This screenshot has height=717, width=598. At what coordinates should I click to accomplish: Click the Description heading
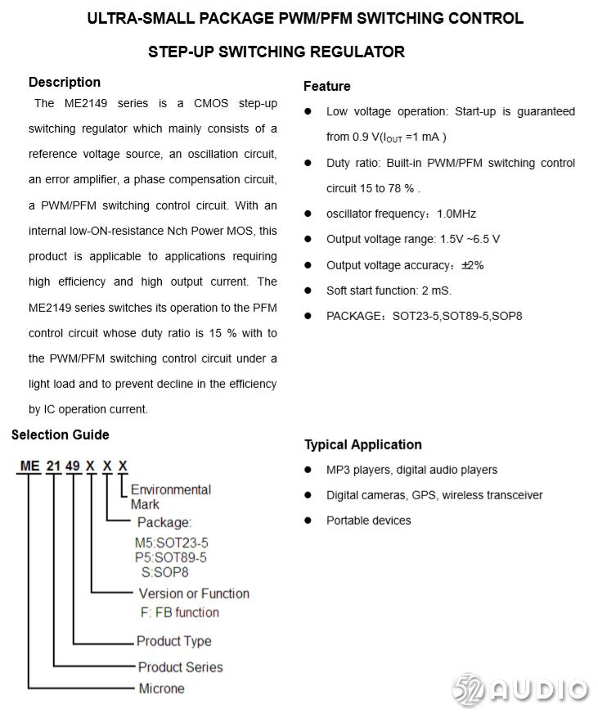point(65,82)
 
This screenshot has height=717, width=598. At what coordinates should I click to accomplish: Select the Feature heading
point(327,86)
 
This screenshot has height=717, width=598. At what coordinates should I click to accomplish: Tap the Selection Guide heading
point(60,435)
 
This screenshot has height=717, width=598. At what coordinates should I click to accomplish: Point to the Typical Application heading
point(363,444)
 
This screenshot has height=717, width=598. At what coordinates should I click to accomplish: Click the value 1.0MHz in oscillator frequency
point(456,214)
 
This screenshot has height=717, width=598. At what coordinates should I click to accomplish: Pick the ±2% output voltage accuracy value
point(472,265)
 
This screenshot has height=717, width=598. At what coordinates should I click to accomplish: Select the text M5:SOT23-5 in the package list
point(171,543)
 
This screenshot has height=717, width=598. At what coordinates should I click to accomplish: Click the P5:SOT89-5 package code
point(171,557)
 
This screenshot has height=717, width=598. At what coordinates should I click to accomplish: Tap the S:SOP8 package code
point(165,572)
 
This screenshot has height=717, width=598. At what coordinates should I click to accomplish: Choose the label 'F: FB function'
point(180,612)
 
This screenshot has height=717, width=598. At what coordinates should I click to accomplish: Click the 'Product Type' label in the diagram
point(173,641)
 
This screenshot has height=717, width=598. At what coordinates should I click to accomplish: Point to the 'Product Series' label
point(180,667)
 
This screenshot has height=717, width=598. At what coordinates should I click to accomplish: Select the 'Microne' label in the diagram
point(161,688)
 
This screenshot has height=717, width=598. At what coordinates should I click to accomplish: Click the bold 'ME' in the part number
point(30,467)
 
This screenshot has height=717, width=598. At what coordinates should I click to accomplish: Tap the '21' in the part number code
point(53,467)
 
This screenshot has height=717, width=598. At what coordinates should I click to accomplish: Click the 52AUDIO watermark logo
point(519,689)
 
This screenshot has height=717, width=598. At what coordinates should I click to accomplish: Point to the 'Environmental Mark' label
point(170,496)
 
